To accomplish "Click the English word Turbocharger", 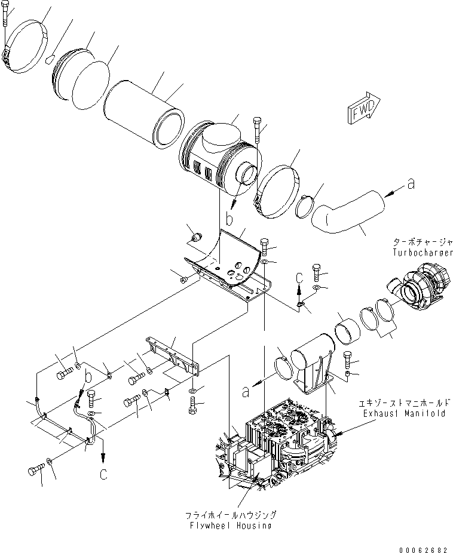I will [422, 253].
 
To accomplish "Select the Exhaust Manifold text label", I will [404, 413].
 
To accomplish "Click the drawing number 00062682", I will [425, 546].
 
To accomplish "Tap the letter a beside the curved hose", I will [411, 185].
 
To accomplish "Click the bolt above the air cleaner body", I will [256, 128].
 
